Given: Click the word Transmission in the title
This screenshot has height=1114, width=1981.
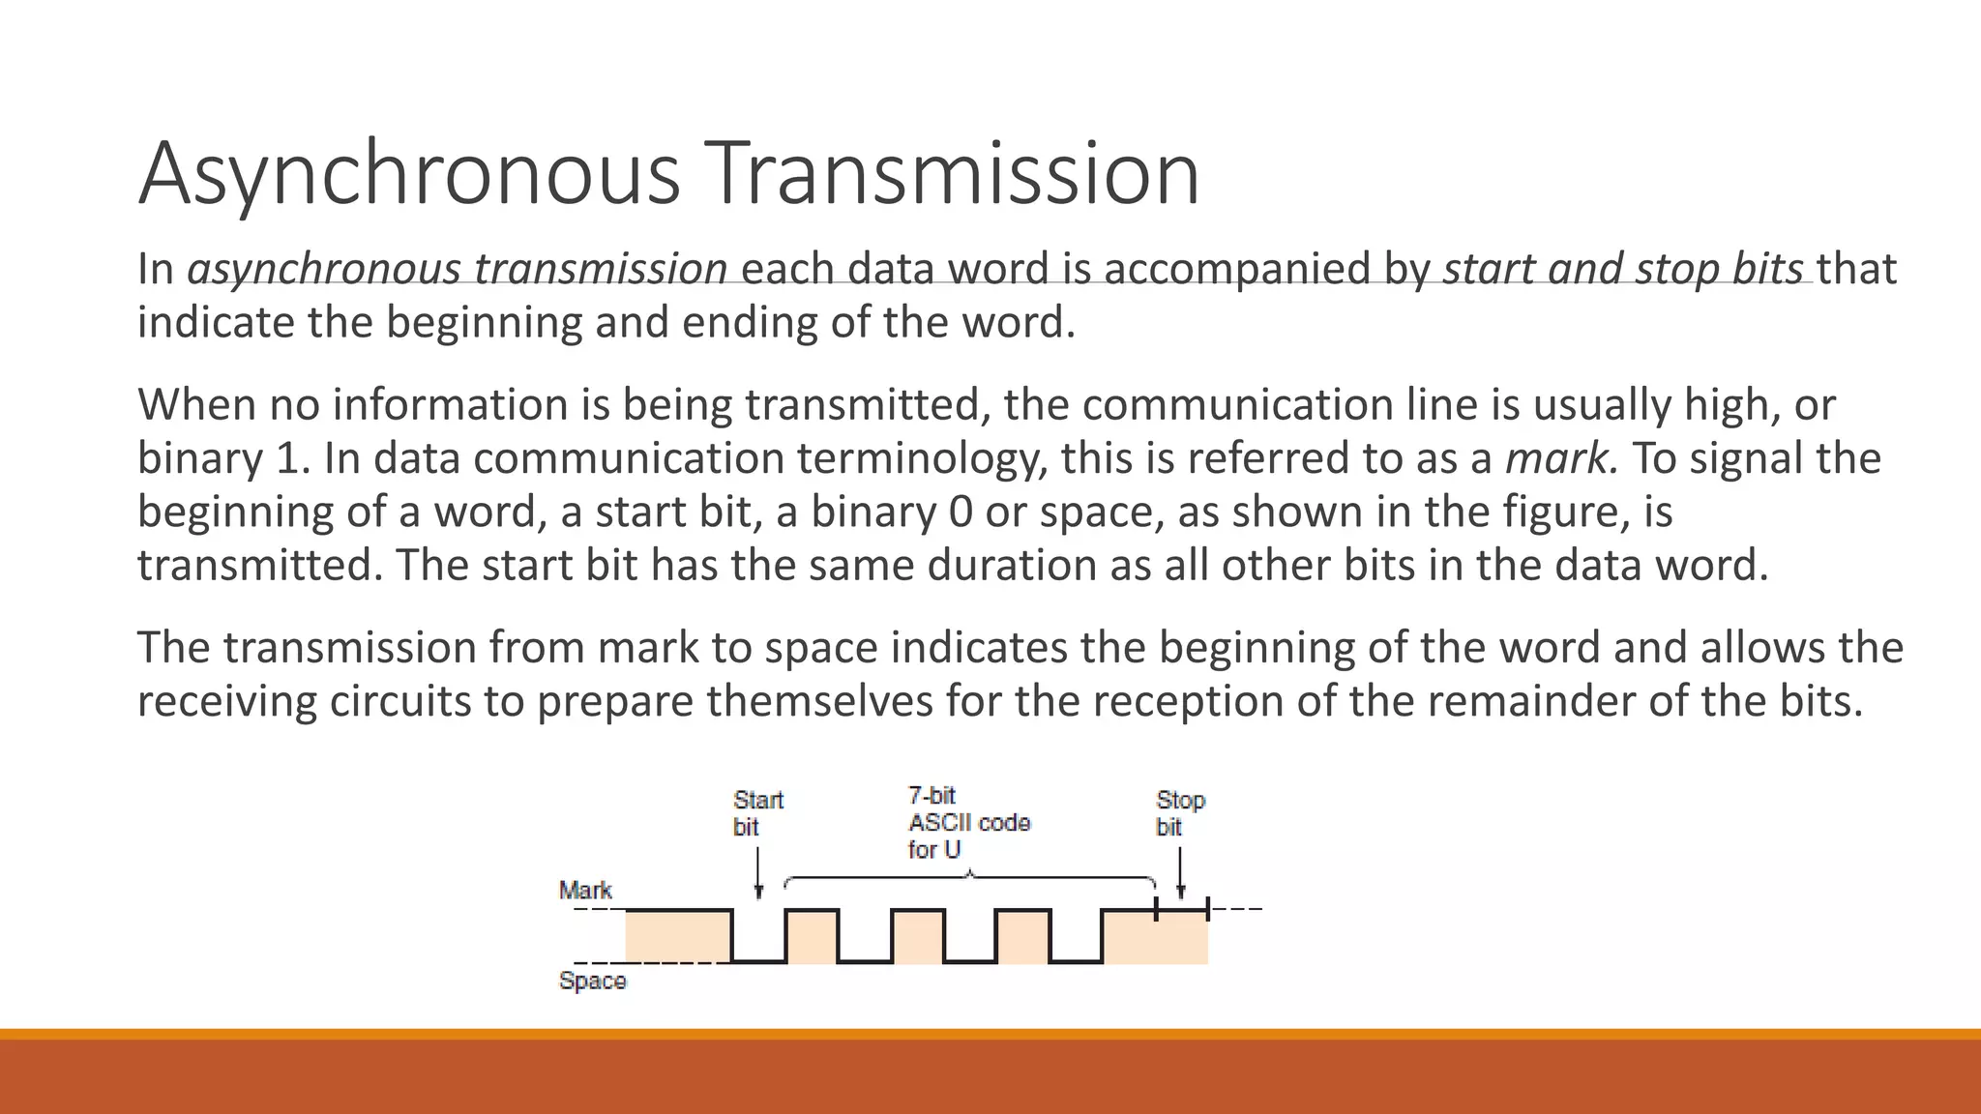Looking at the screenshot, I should pyautogui.click(x=952, y=174).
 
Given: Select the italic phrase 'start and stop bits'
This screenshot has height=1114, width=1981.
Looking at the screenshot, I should pyautogui.click(x=1622, y=269).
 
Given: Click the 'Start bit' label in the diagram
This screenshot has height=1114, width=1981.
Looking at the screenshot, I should pyautogui.click(x=756, y=813).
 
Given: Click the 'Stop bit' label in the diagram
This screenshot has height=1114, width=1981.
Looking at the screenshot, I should pyautogui.click(x=1179, y=813).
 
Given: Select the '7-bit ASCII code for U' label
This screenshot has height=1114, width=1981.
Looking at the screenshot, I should pyautogui.click(x=967, y=823).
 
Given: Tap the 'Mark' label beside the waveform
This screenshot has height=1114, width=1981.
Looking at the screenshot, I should pyautogui.click(x=585, y=890).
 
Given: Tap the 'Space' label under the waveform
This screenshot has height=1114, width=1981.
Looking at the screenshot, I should pyautogui.click(x=592, y=982).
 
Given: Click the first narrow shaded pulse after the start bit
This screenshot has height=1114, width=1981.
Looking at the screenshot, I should pyautogui.click(x=812, y=936).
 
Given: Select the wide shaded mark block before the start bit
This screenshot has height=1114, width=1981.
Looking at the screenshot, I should pyautogui.click(x=677, y=936).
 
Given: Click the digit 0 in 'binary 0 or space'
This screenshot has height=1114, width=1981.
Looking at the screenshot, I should pyautogui.click(x=960, y=513).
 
